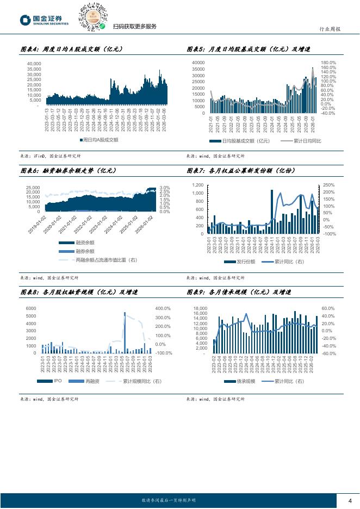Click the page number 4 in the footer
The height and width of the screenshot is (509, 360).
pyautogui.click(x=350, y=501)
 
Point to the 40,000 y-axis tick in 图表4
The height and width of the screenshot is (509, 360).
pyautogui.click(x=34, y=64)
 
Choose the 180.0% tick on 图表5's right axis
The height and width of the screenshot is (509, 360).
pyautogui.click(x=328, y=63)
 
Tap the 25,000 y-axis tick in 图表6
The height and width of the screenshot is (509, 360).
pyautogui.click(x=32, y=188)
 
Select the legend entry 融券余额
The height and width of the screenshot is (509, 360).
pyautogui.click(x=85, y=251)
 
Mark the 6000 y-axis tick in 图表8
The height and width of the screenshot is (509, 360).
pyautogui.click(x=30, y=308)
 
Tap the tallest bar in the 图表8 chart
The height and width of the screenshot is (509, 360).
pyautogui.click(x=125, y=332)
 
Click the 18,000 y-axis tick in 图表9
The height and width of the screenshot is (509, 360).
pyautogui.click(x=200, y=308)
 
